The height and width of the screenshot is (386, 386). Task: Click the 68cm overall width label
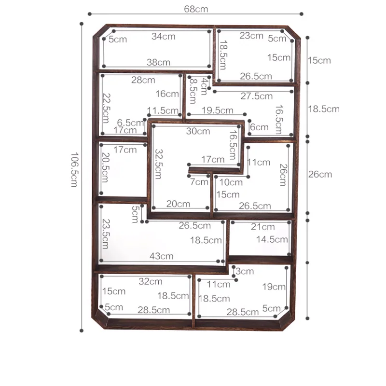pos(196,9)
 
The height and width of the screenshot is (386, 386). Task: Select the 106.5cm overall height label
pos(74,170)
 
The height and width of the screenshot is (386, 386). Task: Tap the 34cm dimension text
pos(164,37)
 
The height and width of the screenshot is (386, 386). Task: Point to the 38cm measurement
pos(158,62)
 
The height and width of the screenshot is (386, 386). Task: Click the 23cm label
pos(251,36)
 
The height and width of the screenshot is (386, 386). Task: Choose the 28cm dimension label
pos(143,80)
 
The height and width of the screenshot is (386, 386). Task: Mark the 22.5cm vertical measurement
pos(106,108)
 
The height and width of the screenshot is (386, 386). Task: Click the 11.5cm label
pos(163,110)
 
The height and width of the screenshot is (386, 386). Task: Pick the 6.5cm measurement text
pos(130,123)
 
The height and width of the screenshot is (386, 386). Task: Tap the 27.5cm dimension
pos(257,96)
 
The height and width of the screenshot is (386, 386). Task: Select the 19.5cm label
pos(218,110)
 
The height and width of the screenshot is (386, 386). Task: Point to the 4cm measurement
pos(204,86)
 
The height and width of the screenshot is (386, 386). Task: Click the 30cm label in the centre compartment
pos(198,131)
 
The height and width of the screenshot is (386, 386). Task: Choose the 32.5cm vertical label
pos(158,164)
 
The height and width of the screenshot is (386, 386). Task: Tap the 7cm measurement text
pos(199,182)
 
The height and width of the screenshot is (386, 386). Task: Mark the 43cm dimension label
pos(161,256)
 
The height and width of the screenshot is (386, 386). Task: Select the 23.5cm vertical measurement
pos(105,234)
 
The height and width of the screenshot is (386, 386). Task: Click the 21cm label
pos(262,227)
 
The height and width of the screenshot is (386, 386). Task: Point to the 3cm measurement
pos(245,271)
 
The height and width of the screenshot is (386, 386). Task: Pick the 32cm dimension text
pos(151,281)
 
